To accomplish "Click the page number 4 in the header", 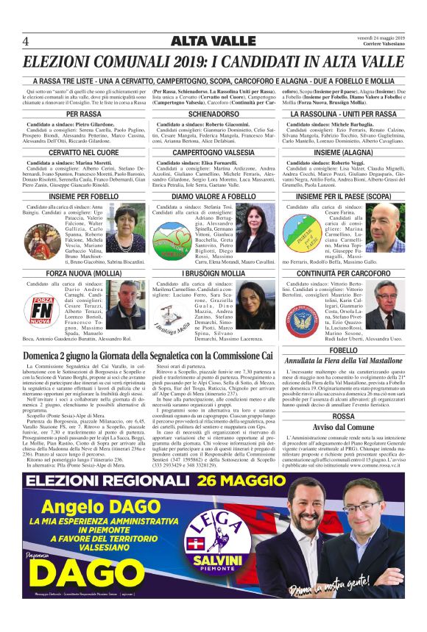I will pyautogui.click(x=26, y=40).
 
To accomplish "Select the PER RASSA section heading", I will pyautogui.click(x=84, y=114).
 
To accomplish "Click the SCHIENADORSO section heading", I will pyautogui.click(x=213, y=114).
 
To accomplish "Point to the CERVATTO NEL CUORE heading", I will pyautogui.click(x=84, y=151).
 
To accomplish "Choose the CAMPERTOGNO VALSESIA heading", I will pyautogui.click(x=213, y=151).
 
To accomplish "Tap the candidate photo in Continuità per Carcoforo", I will pyautogui.click(x=384, y=304).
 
